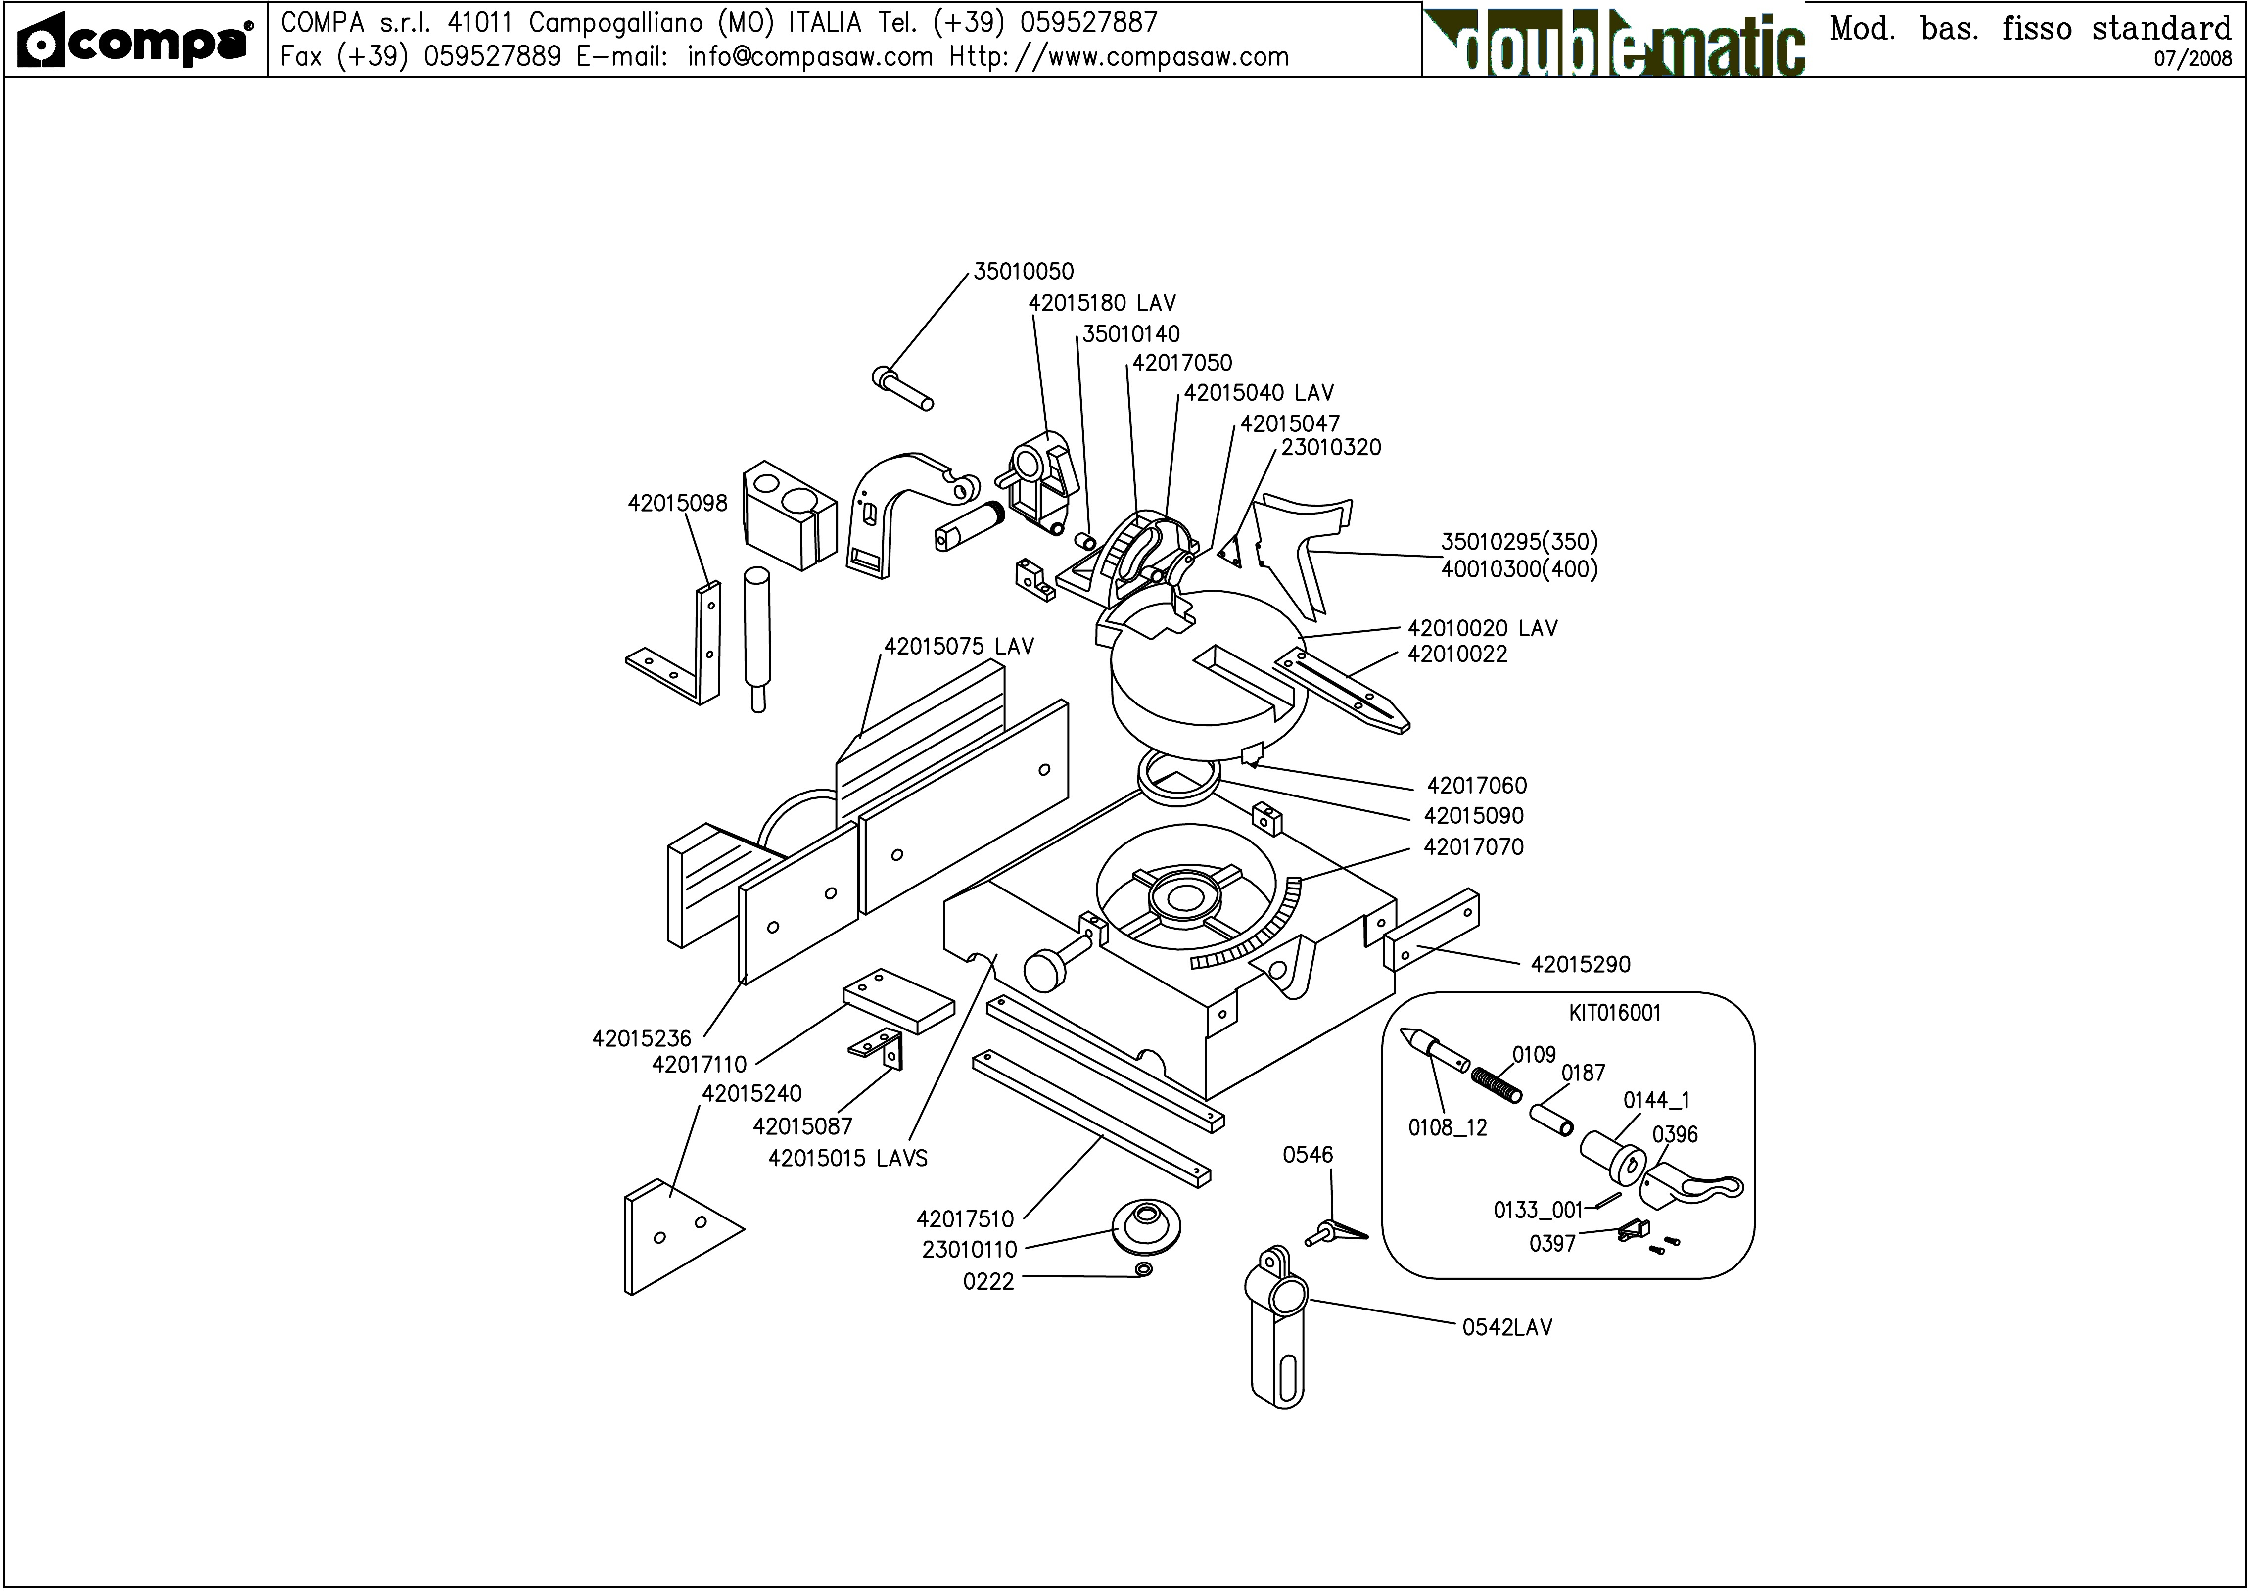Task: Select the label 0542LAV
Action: (x=1506, y=1327)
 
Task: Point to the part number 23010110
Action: (x=969, y=1250)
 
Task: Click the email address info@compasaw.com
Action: (x=809, y=57)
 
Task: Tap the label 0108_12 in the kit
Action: (x=1447, y=1127)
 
